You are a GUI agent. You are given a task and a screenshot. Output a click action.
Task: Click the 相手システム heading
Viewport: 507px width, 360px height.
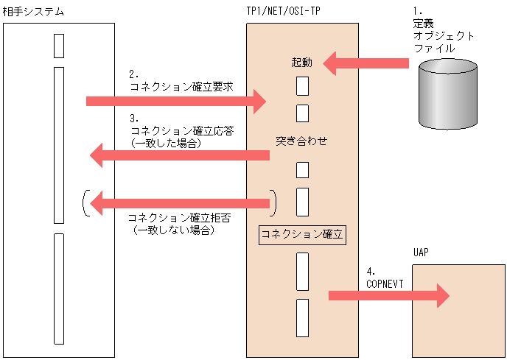point(33,11)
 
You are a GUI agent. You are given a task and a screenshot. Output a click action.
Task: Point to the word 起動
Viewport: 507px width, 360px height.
point(302,63)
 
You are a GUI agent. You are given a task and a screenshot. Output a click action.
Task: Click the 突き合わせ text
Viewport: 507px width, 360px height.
point(301,140)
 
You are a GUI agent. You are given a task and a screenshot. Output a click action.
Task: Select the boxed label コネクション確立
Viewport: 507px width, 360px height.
point(302,235)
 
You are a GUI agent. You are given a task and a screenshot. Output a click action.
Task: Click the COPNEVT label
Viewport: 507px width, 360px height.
point(383,283)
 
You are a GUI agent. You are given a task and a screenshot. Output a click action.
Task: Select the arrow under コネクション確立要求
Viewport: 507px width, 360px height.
point(175,101)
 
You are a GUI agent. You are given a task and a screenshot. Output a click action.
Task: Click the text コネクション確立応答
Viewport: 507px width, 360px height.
point(181,130)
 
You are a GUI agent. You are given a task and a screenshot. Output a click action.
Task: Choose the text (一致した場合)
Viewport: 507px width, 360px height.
point(165,144)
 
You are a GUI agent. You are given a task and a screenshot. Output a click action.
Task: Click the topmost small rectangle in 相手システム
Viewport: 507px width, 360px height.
point(59,45)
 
